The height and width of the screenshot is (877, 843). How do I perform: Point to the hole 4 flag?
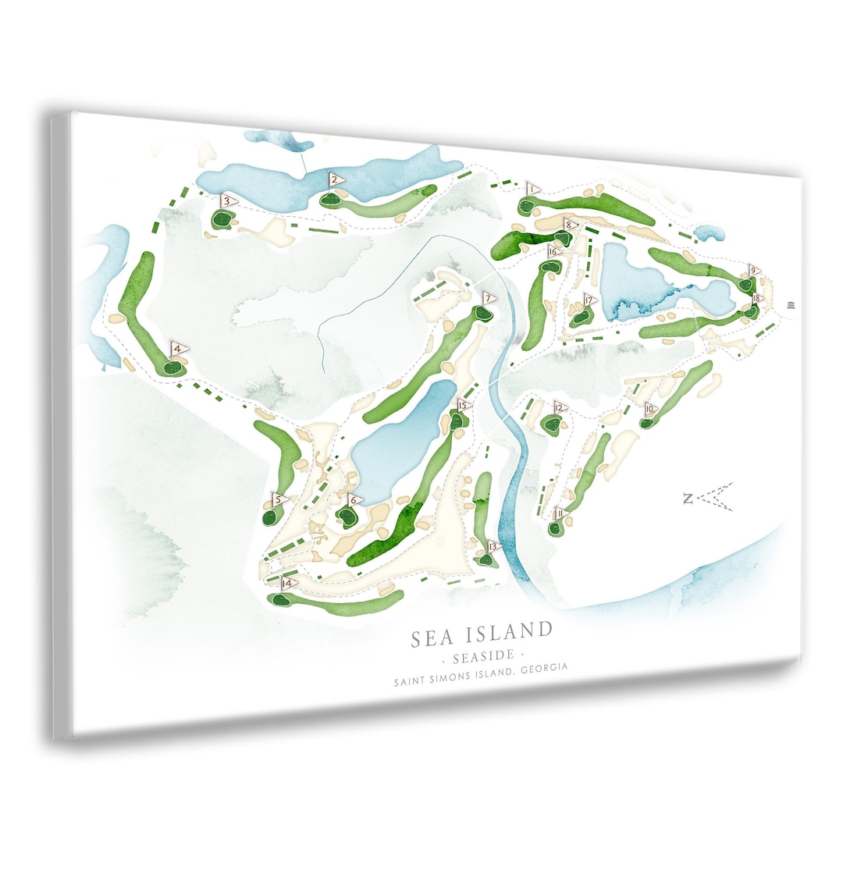[179, 349]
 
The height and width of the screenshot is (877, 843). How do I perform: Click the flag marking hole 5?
[278, 499]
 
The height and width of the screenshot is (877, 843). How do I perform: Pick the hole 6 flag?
[354, 500]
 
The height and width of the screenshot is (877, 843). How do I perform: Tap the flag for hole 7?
[488, 298]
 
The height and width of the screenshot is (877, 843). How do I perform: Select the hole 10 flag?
[650, 409]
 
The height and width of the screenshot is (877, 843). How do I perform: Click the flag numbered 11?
[560, 513]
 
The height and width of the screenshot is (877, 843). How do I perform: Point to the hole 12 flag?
[559, 407]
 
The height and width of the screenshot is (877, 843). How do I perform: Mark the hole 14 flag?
[289, 584]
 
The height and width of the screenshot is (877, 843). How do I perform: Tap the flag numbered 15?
[463, 406]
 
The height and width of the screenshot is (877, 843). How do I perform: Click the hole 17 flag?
[589, 300]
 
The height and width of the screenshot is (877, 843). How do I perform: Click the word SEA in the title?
[432, 637]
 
